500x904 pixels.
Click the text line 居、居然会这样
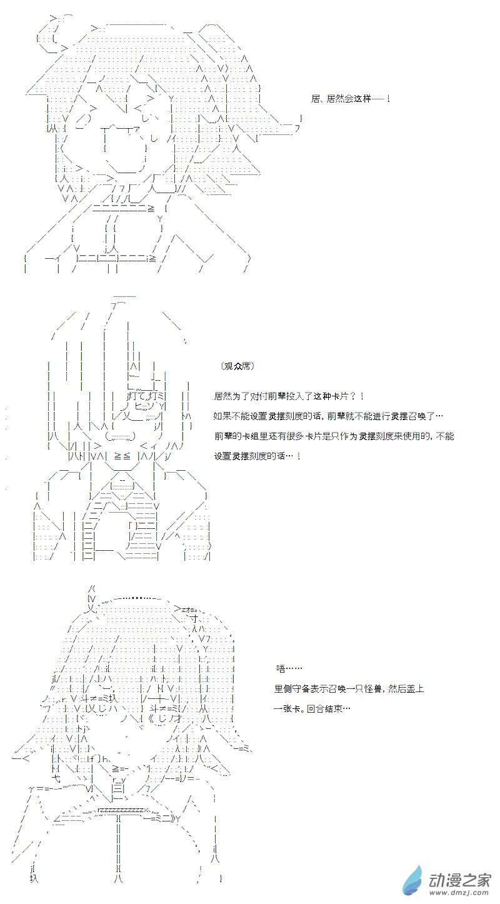(350, 99)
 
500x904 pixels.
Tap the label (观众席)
(238, 366)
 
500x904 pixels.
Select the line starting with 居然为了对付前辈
(289, 396)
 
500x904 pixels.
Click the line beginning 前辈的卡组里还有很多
(334, 436)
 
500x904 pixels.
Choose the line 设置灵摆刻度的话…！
(257, 456)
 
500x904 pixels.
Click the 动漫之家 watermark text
(460, 880)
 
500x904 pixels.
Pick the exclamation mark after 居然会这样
(388, 99)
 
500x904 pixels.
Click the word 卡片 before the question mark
(339, 396)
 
